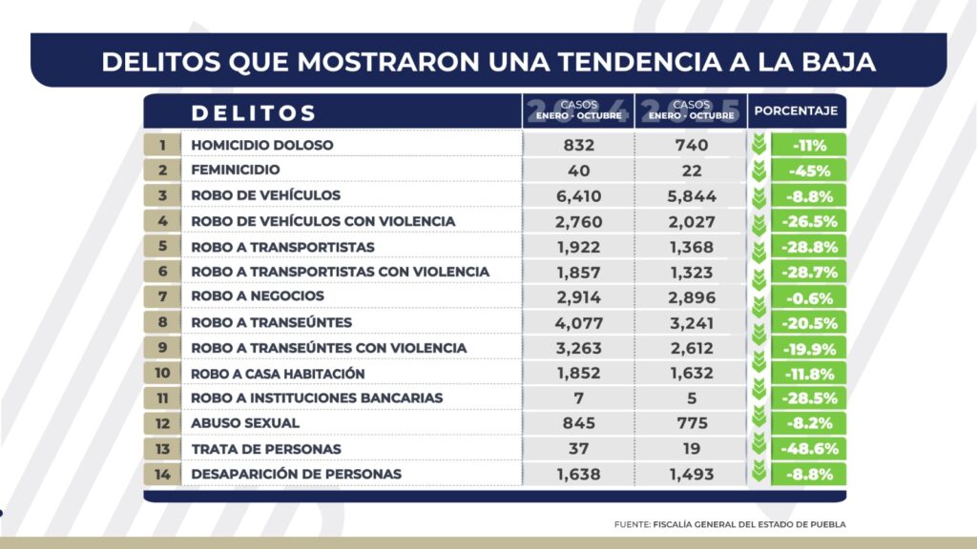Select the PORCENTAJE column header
[796, 112]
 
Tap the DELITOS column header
[254, 112]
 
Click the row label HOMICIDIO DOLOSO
[262, 145]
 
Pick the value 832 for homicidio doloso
[579, 145]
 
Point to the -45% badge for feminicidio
[807, 171]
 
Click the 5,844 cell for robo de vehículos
[691, 196]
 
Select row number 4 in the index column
[163, 221]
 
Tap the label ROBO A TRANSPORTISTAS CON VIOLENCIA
[341, 272]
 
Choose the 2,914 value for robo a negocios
[579, 296]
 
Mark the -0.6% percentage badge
[807, 297]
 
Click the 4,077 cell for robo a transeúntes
[579, 322]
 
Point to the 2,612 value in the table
[691, 348]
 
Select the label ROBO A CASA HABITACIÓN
[278, 373]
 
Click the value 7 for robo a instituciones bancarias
[579, 397]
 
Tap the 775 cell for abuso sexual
[691, 423]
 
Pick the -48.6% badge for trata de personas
[807, 448]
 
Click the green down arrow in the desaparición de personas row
[759, 473]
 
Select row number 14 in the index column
[163, 474]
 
